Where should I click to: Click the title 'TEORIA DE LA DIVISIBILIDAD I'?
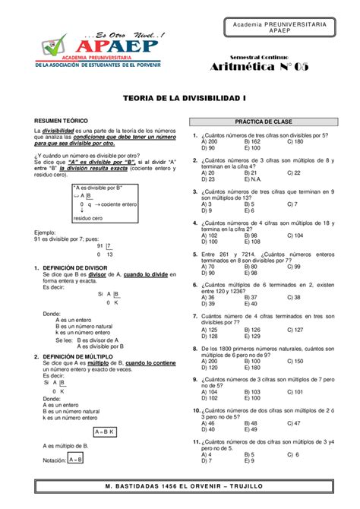179,99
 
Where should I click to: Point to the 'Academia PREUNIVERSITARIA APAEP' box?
280,28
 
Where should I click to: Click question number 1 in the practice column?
196,134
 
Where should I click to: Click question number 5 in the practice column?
196,254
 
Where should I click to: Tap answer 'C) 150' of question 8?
295,361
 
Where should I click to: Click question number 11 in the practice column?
196,441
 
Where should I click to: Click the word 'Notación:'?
55,460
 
